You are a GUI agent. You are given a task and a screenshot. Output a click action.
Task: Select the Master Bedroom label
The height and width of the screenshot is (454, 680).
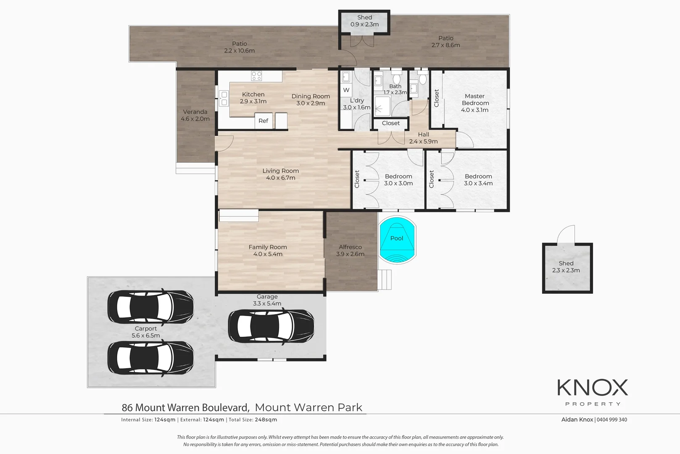(475, 100)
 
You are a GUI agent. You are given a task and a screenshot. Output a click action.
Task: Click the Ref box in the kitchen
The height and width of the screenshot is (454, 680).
(263, 121)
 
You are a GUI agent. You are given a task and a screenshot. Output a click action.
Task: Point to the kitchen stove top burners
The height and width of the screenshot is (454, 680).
(256, 76)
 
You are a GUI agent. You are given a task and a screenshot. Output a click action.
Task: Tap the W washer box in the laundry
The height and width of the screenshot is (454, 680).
(346, 90)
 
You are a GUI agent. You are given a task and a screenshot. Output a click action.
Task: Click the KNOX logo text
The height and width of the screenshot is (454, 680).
(592, 388)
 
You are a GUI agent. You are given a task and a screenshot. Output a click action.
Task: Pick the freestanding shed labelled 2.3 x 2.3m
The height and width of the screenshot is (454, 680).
(567, 268)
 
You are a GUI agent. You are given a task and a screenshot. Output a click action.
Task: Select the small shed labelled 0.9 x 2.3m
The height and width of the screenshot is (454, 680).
(364, 21)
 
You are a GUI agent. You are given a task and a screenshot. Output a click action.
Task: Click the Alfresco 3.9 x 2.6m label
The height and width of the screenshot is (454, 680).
(350, 251)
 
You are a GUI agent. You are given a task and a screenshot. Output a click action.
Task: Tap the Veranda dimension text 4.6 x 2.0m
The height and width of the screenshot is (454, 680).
(195, 119)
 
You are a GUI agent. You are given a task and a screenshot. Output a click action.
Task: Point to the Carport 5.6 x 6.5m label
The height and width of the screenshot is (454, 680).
(146, 332)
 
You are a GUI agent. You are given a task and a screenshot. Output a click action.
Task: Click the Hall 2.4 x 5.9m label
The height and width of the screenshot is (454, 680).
(423, 138)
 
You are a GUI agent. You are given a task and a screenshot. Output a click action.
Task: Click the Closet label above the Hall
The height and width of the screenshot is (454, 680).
(391, 123)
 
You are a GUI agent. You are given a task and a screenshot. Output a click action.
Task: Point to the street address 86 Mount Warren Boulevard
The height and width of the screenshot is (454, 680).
(185, 407)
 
